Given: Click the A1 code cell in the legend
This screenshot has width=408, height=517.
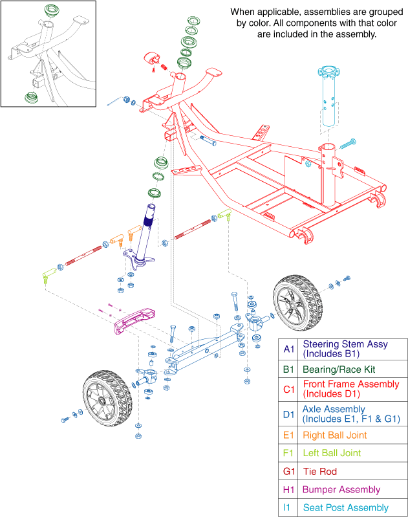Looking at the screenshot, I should (289, 349).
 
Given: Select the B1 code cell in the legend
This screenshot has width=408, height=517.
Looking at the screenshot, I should (289, 369).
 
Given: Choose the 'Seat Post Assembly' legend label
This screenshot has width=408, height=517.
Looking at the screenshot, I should (344, 509).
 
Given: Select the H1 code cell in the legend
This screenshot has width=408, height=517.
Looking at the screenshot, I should (289, 490).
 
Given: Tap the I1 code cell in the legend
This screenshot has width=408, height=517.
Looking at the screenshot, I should (289, 509).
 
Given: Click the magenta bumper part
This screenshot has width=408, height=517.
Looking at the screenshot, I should (134, 320).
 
